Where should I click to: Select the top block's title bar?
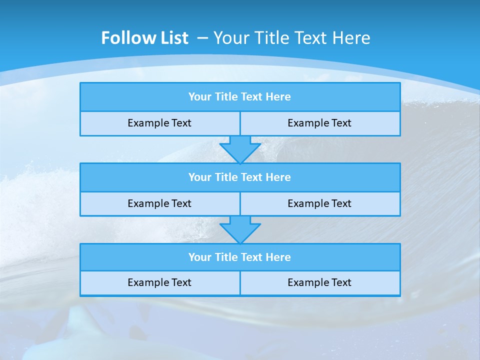pos(240,97)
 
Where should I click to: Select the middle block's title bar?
pos(240,177)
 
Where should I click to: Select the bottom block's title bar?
pos(240,257)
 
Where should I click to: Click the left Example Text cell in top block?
pos(159,123)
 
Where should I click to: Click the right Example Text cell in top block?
pos(319,123)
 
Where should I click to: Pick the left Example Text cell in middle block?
pos(159,203)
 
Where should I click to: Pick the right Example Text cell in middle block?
pos(319,203)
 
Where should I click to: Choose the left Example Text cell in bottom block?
pos(159,282)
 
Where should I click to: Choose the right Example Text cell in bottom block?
pos(319,282)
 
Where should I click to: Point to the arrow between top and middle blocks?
pos(240,149)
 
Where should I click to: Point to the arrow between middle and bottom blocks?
pos(240,229)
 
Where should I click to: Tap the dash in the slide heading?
pos(203,38)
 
